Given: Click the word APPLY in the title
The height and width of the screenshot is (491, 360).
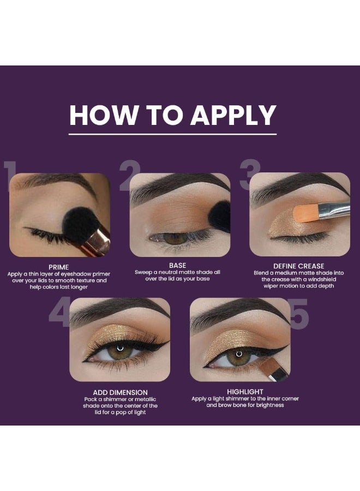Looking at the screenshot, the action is pos(233,115).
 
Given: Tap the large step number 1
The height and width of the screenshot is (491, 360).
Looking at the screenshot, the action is pos(9,176).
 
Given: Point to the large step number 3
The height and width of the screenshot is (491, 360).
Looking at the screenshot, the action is pos(250,175).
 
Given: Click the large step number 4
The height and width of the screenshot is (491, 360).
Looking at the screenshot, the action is pos(59,313).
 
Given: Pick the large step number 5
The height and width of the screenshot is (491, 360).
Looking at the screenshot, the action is pos(299,314).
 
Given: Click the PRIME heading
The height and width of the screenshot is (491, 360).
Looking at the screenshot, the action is pos(58,267).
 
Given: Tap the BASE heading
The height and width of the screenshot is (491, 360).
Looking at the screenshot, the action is pos(177,266).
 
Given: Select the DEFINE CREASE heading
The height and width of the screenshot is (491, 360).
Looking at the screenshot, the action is pos(299,266).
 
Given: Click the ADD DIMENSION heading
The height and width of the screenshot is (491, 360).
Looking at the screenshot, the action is pos(120,392).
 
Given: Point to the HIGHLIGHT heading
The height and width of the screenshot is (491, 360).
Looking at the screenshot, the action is pos(245,392).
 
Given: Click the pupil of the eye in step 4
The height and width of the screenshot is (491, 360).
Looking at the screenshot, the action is pos(120,351).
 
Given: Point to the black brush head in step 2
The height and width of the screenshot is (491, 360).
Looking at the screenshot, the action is pos(220,216).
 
